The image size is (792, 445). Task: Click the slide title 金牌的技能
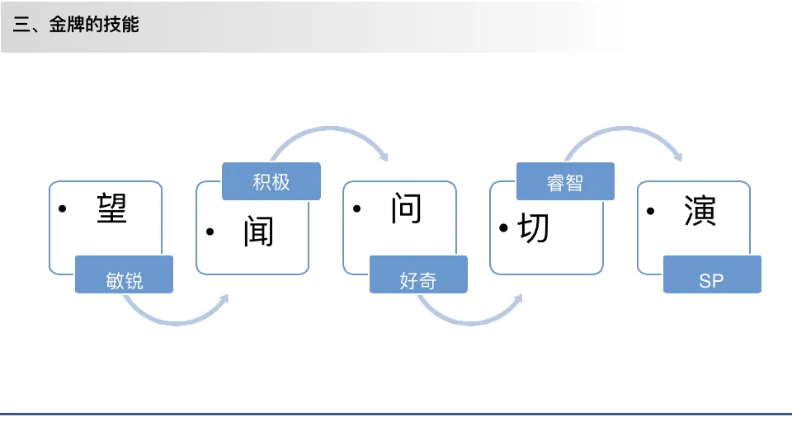76,25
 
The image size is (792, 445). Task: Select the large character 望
111,208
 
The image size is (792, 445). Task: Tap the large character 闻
258,232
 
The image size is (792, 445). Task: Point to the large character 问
406,208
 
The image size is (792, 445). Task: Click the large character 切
534,227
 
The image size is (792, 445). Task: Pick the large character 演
700,211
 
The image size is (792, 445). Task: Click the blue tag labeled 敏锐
125,279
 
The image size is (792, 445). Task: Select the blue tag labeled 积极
271,181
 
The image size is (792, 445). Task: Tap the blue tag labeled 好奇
418,279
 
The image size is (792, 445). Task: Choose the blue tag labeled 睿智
565,182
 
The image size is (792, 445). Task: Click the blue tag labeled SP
711,280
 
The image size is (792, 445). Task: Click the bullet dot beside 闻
210,232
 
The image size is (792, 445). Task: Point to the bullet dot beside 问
357,209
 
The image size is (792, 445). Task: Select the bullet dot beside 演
652,212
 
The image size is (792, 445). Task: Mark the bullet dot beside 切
504,228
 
